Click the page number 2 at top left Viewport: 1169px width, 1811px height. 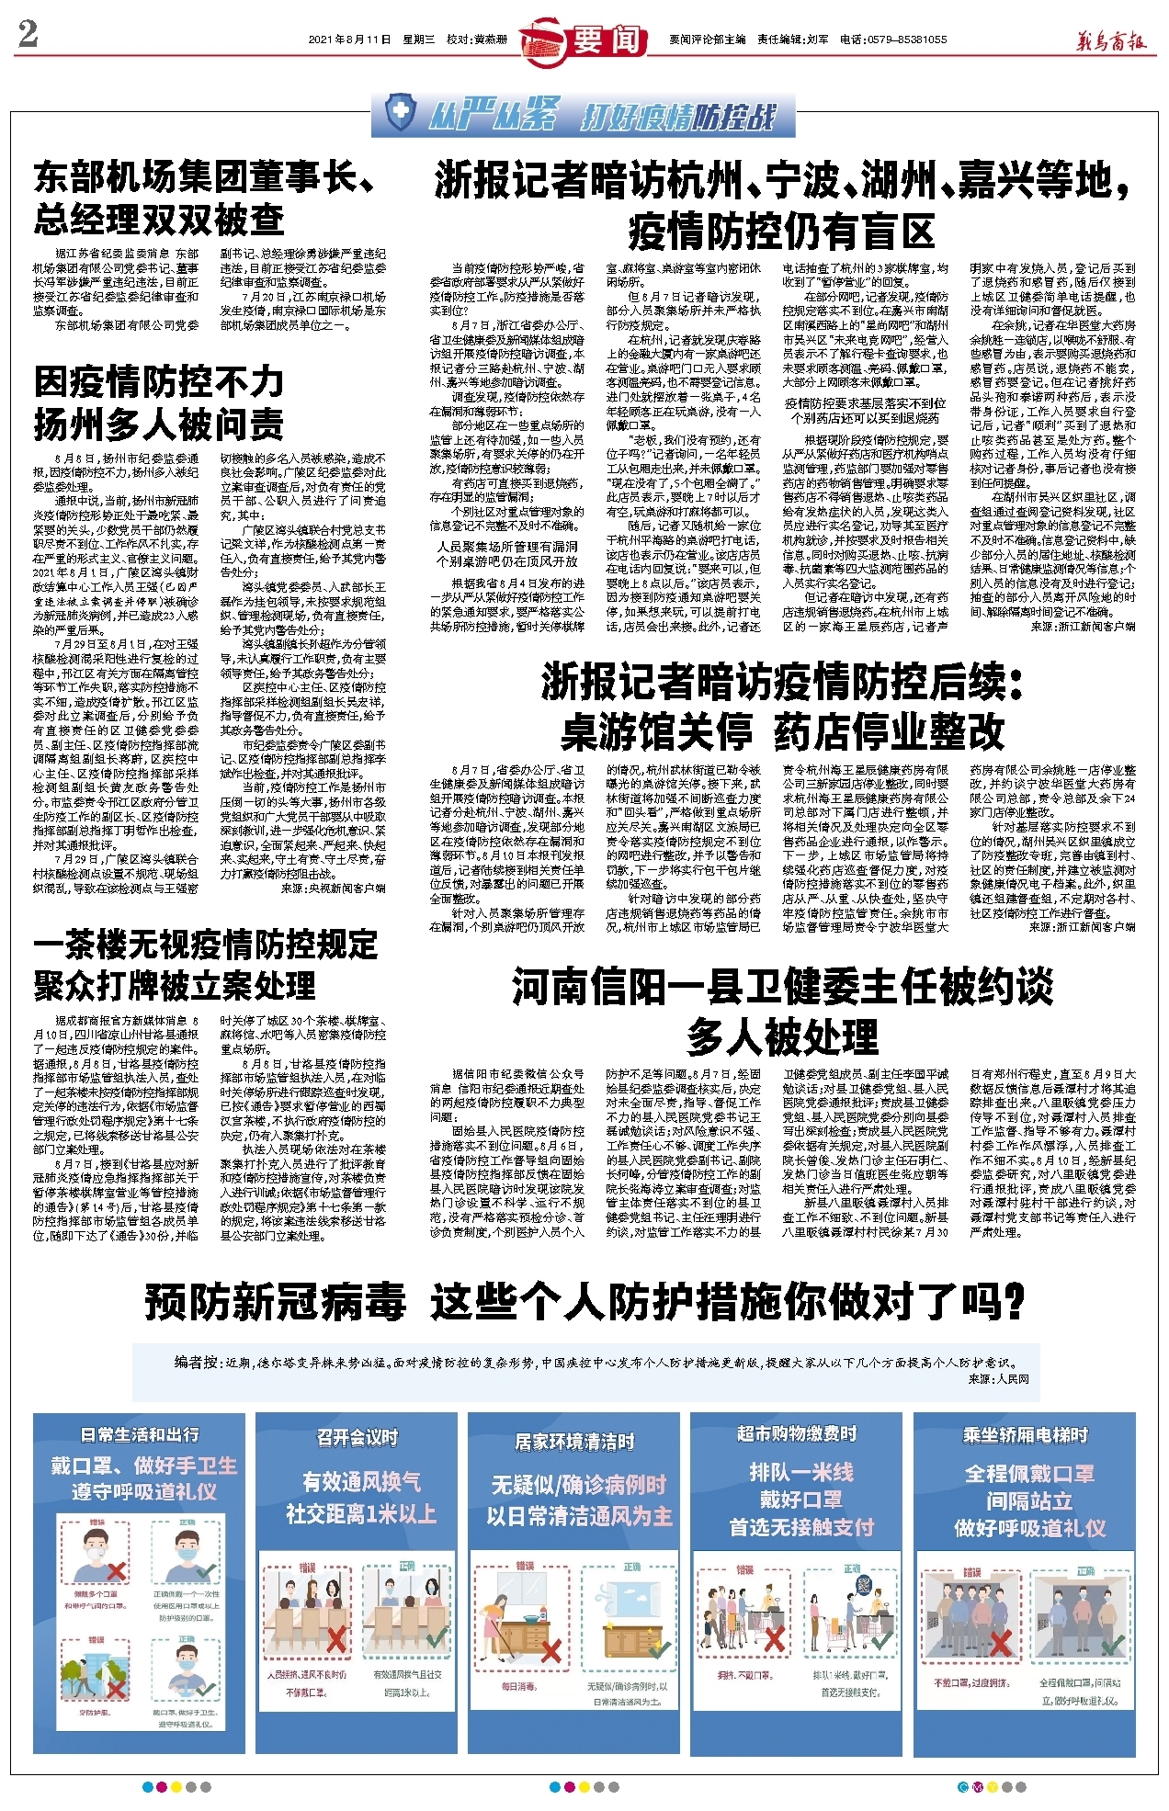[28, 34]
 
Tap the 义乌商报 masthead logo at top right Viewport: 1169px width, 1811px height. [1112, 40]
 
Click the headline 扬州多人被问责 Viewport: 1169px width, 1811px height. [159, 424]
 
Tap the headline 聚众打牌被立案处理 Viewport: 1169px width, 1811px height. [175, 986]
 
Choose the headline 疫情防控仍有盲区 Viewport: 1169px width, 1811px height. [781, 232]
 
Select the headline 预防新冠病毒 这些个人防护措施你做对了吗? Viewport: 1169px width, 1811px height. [584, 1302]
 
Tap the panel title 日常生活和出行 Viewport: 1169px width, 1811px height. [140, 1434]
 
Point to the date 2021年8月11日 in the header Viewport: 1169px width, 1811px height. [349, 40]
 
